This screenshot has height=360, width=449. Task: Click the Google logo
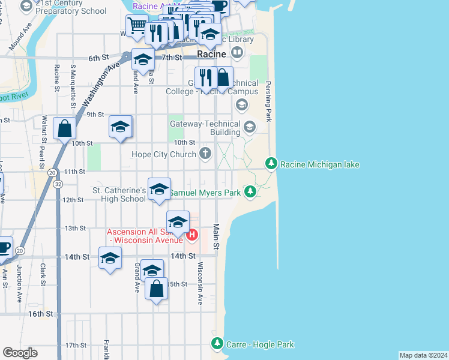[x=20, y=353]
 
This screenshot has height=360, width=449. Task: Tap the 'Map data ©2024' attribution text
[x=423, y=355]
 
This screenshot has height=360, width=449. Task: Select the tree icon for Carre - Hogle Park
[x=217, y=344]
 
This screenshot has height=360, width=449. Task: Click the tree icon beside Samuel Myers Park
[x=250, y=193]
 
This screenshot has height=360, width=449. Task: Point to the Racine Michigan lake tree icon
[x=271, y=164]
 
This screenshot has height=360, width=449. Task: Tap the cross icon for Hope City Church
[x=205, y=154]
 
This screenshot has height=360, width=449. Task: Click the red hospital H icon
[x=191, y=235]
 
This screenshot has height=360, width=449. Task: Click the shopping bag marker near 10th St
[x=64, y=128]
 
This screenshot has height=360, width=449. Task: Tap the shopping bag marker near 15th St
[x=156, y=289]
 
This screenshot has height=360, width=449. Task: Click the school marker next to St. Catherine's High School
[x=159, y=190]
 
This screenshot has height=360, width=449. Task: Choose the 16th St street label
[x=40, y=314]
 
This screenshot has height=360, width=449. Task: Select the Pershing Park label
[x=269, y=101]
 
